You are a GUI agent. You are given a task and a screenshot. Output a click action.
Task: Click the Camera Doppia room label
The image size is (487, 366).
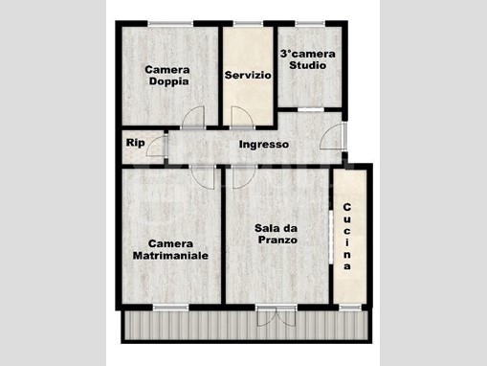pyautogui.click(x=167, y=76)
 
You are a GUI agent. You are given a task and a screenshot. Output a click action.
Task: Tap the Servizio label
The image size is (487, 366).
pyautogui.click(x=248, y=76)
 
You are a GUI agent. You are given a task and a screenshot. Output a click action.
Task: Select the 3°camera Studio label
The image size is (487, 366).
pyautogui.click(x=308, y=59)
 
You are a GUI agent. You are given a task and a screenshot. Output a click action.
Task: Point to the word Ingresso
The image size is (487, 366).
pyautogui.click(x=264, y=145)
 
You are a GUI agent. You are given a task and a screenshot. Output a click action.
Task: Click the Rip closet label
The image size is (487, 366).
pyautogui.click(x=135, y=143)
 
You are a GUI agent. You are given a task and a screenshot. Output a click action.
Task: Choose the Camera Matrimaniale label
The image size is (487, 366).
pyautogui.click(x=170, y=250)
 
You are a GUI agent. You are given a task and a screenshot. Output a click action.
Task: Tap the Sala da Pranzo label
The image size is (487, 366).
pyautogui.click(x=277, y=234)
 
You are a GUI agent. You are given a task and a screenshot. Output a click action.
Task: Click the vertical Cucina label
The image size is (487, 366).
pyautogui.click(x=347, y=237)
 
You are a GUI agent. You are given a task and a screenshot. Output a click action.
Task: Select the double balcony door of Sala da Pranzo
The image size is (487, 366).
pyautogui.click(x=277, y=316)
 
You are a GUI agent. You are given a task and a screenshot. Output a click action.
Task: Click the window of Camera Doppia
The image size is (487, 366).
pyautogui.click(x=170, y=23)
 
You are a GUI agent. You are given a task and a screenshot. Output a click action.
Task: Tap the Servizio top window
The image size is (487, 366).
pyautogui.click(x=248, y=23)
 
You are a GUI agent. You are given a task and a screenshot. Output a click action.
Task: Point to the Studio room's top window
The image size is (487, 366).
pyautogui.click(x=310, y=23)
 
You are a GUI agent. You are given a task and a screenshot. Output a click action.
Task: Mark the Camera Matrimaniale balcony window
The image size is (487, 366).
pyautogui.click(x=171, y=308)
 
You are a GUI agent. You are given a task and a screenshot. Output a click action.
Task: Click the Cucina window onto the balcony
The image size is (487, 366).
pyautogui.click(x=350, y=308)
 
